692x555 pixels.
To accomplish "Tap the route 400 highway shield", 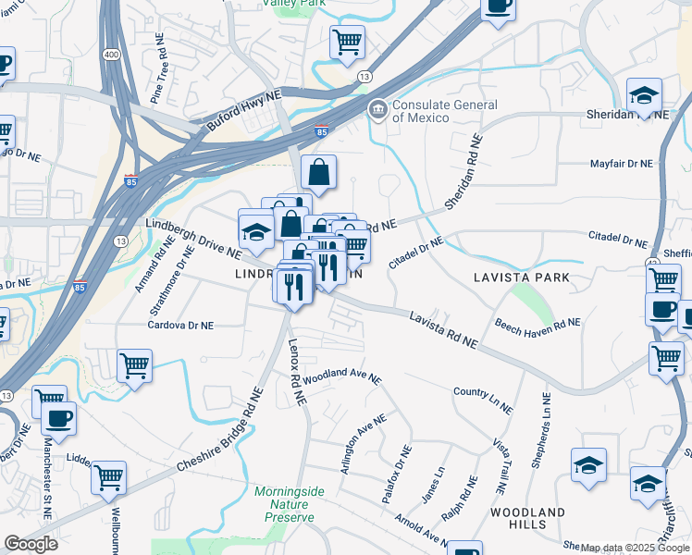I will coord(110,55).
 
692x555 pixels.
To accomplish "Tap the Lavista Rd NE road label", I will coord(444,329).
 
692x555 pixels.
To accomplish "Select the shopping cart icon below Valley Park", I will coord(347,42).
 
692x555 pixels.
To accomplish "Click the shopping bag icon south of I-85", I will coord(318,172).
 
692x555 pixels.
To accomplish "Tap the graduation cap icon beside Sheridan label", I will coord(644,94).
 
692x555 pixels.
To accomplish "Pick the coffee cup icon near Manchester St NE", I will coord(58,418).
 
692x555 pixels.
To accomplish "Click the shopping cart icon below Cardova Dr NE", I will coord(135,365).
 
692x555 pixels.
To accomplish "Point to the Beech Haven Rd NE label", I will coord(537,323).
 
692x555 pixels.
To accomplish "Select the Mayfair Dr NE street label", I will coord(622,164).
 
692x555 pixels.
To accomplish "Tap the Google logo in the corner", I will coord(31,544).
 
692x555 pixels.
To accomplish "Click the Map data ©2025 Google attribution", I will coord(635,548).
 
